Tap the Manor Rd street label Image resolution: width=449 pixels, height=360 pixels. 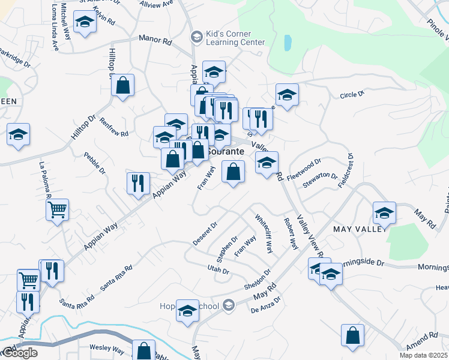155,40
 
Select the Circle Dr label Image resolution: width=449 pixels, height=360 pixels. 352,95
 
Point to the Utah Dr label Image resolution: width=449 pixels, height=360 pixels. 218,271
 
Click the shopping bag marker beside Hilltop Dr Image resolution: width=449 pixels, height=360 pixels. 122,86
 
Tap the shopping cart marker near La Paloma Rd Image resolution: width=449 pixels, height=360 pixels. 57,211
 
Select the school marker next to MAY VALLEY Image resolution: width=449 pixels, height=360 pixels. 384,212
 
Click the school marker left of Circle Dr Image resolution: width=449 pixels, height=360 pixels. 287,94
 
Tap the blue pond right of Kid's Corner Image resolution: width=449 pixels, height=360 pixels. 287,43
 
